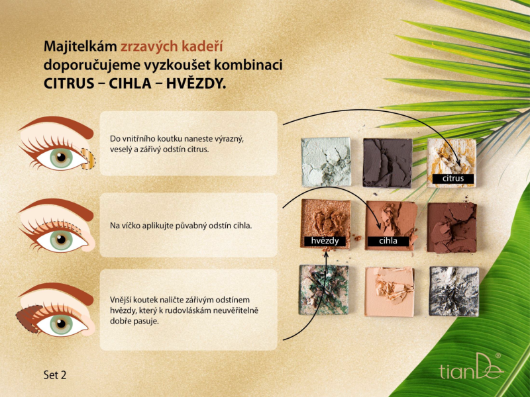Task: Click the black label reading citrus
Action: click(x=453, y=178)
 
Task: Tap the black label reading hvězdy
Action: click(x=325, y=241)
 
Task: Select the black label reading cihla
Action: click(x=388, y=241)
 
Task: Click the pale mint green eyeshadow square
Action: click(x=326, y=161)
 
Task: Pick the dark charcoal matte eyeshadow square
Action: click(x=388, y=163)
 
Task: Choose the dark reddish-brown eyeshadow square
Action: click(x=452, y=228)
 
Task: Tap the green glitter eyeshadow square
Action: click(x=324, y=290)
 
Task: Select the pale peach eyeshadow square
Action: click(x=390, y=292)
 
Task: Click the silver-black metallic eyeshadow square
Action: click(x=454, y=291)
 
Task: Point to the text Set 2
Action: click(x=55, y=375)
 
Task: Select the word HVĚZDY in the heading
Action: click(x=196, y=83)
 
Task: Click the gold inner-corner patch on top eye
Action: click(x=89, y=159)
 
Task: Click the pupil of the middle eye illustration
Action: click(x=61, y=240)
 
